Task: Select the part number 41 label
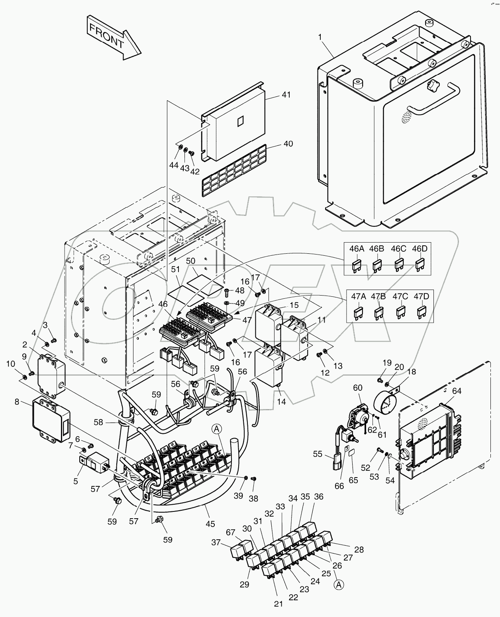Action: pos(286,95)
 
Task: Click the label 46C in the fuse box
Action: pos(398,249)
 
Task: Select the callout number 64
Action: pos(457,391)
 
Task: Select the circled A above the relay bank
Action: pos(216,429)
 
